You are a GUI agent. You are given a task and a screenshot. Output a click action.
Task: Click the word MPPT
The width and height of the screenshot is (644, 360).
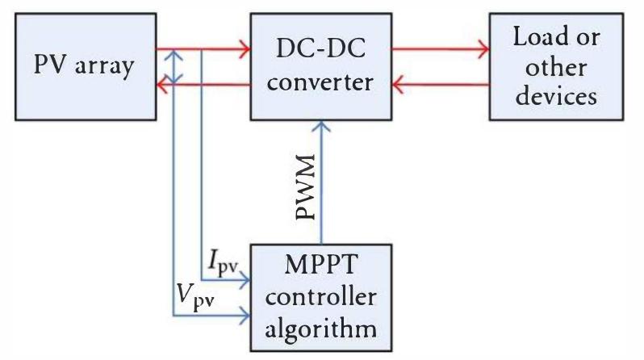[x=323, y=265]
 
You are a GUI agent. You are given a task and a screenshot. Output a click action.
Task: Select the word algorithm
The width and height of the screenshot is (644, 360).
[x=323, y=329]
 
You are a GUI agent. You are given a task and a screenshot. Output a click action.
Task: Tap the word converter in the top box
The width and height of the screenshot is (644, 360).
[x=323, y=82]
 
